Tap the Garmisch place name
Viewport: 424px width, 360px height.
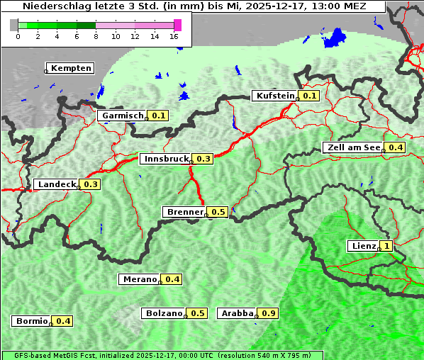tap(122, 116)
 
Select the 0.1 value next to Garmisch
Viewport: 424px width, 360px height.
tap(158, 116)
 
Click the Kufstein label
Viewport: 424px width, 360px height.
tap(275, 96)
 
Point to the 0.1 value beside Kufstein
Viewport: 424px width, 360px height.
tap(309, 96)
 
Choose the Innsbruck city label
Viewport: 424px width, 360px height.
tap(166, 159)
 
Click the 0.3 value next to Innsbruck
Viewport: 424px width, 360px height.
tap(203, 159)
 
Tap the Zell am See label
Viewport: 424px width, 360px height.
tap(352, 147)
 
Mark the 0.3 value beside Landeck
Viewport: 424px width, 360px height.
tap(91, 184)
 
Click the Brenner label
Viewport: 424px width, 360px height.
tap(184, 212)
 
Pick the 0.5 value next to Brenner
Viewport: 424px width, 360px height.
tap(218, 212)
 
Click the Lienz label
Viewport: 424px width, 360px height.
tap(362, 246)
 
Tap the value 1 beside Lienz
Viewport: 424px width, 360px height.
tap(386, 246)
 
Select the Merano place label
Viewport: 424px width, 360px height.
tap(138, 279)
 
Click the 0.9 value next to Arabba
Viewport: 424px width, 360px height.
tap(268, 313)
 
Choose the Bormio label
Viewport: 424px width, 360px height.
tap(30, 321)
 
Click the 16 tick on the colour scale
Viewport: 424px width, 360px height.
tap(174, 36)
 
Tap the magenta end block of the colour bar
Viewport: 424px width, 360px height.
tap(177, 25)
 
